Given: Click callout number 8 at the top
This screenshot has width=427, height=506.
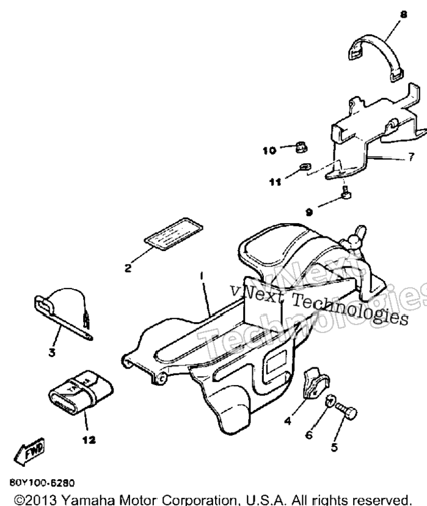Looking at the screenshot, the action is [x=403, y=15].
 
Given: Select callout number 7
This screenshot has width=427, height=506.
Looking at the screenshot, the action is [x=411, y=157].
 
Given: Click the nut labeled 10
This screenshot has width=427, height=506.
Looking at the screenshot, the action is [x=301, y=148].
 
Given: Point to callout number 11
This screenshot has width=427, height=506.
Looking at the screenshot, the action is [x=275, y=182].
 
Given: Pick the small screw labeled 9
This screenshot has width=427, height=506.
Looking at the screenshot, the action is [x=346, y=193].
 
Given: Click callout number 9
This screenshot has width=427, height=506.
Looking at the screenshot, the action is [x=309, y=212].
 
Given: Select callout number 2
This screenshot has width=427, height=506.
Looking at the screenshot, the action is [x=128, y=268].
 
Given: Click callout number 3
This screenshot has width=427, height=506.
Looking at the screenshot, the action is [x=52, y=353].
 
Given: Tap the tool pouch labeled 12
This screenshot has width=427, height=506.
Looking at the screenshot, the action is [x=81, y=392].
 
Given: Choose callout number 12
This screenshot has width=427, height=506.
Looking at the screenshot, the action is [x=89, y=440].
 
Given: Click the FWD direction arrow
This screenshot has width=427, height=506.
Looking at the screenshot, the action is [x=30, y=451].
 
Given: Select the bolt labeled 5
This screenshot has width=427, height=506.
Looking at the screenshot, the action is [x=346, y=411].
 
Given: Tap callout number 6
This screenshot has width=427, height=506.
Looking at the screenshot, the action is [x=308, y=435].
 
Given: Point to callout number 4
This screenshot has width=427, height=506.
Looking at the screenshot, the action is [x=288, y=421].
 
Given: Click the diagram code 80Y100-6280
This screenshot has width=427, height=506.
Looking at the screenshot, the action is [x=42, y=483].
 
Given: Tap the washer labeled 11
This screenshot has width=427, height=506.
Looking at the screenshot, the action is [x=305, y=166].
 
